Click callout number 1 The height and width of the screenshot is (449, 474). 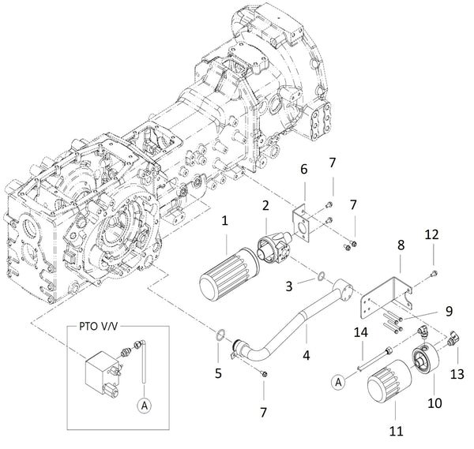tap(225, 223)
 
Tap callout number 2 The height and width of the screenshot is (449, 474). tap(267, 205)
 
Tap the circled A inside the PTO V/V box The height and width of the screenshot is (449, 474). tap(143, 406)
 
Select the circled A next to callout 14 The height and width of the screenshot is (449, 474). tap(338, 382)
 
